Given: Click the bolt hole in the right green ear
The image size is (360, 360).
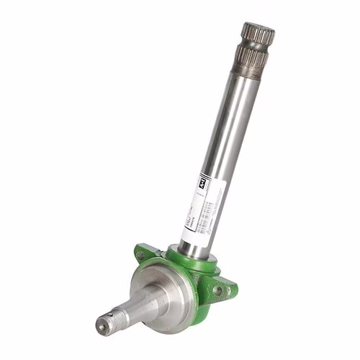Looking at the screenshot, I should click(217, 289).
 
